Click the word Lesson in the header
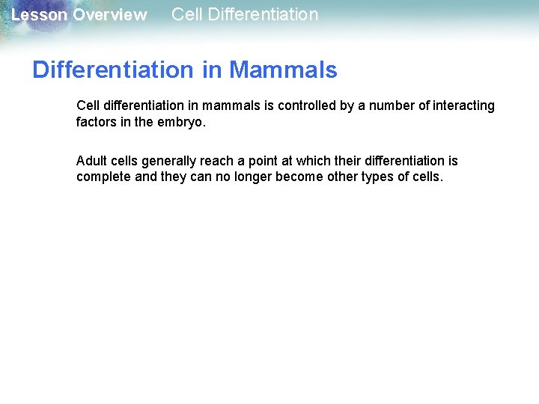coord(39,15)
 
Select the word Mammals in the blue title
coord(283,70)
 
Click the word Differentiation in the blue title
coord(112,70)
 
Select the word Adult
coord(91,161)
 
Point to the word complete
coord(104,177)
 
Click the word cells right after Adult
coord(124,161)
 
